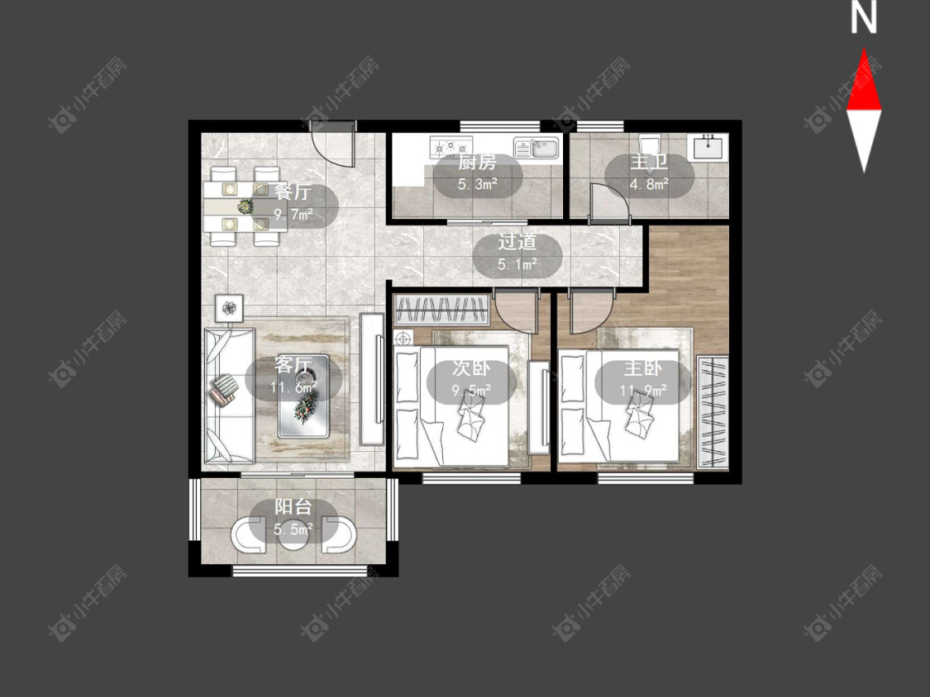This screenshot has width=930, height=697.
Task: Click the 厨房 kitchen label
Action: [477, 163]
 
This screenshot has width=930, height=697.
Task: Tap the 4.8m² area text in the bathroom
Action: [649, 184]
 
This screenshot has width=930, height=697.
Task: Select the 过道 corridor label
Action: [517, 242]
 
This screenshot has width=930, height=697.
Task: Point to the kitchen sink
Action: [537, 148]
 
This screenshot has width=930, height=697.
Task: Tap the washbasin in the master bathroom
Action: [707, 146]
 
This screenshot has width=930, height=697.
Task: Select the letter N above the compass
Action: [864, 17]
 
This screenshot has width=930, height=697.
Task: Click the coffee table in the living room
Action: [303, 396]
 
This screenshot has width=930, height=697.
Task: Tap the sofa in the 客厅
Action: [229, 396]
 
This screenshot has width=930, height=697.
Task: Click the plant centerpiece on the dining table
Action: [245, 206]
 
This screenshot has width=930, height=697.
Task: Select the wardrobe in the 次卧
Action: [442, 310]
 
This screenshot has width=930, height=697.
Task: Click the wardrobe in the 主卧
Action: [713, 412]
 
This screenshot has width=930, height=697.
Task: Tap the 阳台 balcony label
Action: [293, 507]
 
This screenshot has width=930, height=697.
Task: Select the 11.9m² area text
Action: [643, 390]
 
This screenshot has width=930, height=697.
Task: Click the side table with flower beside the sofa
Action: [230, 308]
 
